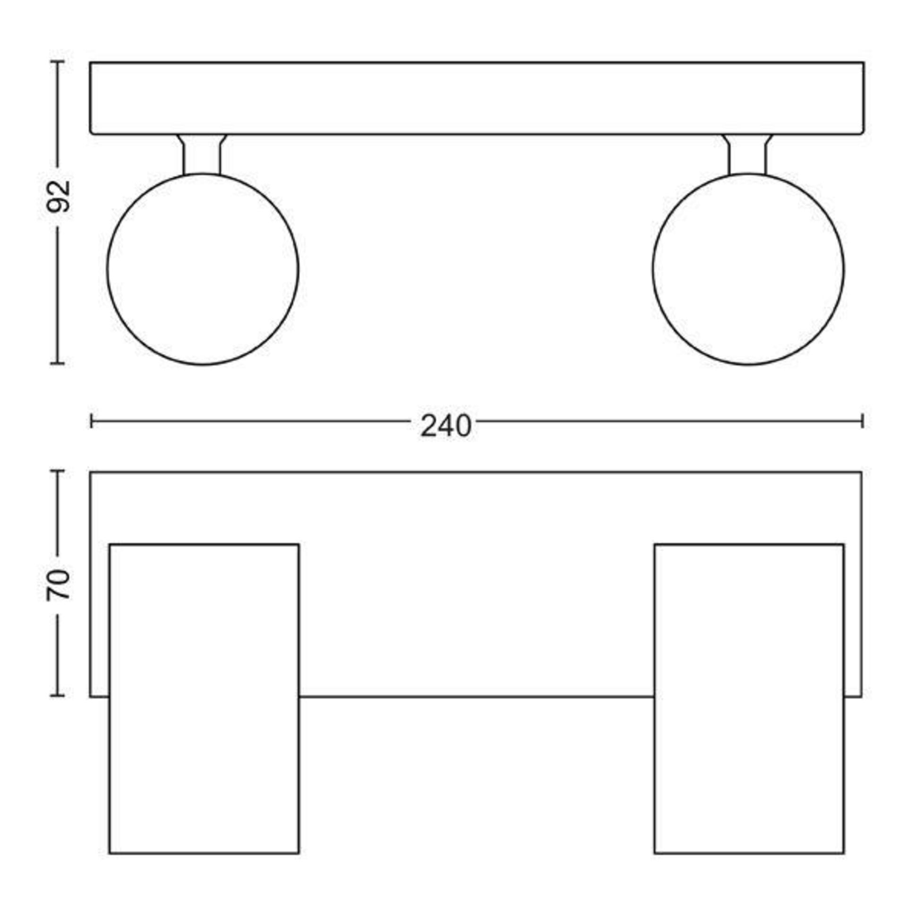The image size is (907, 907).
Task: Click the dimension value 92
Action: (59, 196)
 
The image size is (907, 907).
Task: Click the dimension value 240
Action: (445, 426)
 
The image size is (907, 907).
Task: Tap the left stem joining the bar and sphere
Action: (202, 154)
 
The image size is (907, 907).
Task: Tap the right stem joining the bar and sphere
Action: (747, 154)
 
